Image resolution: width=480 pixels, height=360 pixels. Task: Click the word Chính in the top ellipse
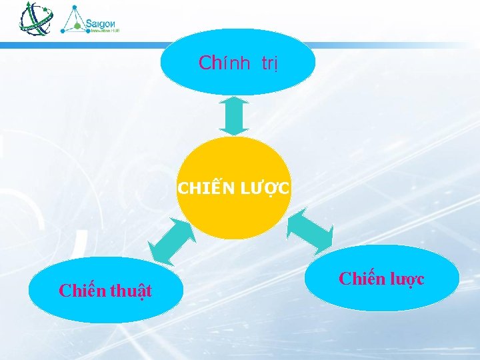[224, 63]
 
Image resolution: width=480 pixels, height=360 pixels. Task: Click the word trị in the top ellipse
[269, 64]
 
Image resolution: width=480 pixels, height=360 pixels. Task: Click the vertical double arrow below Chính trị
[234, 116]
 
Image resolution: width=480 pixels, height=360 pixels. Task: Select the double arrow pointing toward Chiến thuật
[171, 241]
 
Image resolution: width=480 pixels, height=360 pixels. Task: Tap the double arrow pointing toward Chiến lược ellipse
[309, 231]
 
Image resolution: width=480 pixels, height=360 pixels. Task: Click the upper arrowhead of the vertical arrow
[234, 102]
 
